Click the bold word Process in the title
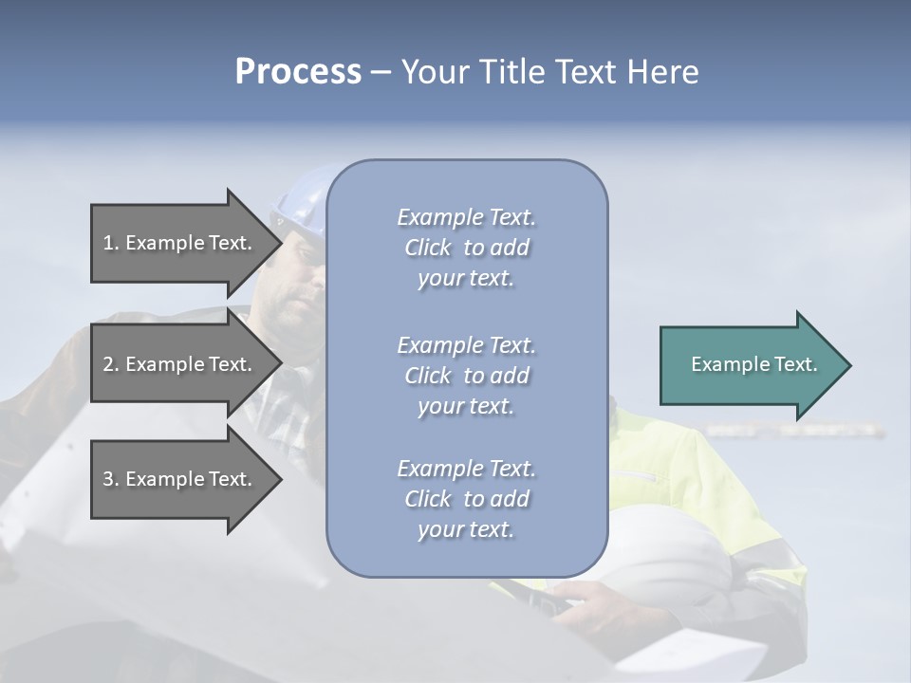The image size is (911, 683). (298, 72)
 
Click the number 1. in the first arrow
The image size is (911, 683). (111, 244)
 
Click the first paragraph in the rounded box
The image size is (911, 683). (466, 248)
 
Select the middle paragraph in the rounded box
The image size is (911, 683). (466, 376)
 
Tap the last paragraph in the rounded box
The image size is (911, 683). (466, 499)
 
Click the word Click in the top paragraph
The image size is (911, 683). (428, 248)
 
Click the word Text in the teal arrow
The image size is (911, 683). (797, 364)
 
